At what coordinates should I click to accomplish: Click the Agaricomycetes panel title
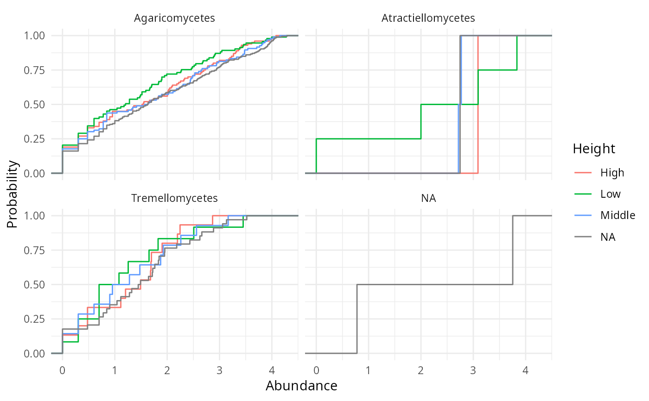point(174,19)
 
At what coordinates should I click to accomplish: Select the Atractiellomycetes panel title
point(428,19)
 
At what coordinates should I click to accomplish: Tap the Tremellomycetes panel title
point(174,198)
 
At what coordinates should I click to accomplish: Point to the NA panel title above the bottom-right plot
point(428,198)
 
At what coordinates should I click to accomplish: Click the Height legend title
point(594,149)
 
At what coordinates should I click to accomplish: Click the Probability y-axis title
point(13,194)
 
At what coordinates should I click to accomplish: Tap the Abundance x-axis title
point(301,386)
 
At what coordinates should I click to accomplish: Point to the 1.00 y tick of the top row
point(35,36)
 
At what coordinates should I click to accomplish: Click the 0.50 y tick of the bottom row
point(35,284)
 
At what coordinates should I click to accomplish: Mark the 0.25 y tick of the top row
point(35,139)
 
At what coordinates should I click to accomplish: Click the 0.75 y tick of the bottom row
point(35,250)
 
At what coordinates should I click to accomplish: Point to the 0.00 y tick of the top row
point(35,173)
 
